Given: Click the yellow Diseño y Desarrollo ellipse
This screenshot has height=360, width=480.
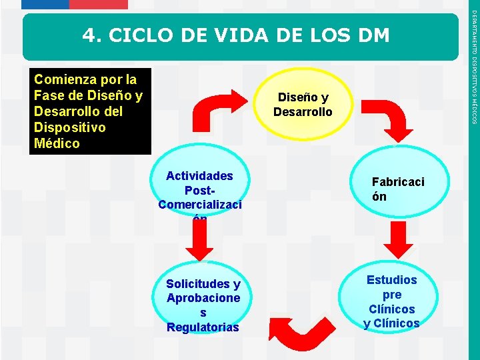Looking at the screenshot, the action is [303, 105].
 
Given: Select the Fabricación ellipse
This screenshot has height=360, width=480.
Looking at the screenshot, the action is [398, 189].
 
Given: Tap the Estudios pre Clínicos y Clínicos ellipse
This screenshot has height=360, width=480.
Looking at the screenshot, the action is [391, 301].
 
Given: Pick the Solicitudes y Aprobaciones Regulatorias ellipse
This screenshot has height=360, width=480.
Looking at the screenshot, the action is [203, 305].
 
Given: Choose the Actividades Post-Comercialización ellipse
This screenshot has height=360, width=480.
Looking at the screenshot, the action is [200, 192].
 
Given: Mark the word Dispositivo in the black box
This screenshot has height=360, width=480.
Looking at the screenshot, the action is [69, 127].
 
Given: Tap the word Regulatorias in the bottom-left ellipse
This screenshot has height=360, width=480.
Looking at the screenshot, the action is [203, 327].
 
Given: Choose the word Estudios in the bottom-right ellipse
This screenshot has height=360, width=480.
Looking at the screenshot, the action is [391, 280].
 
